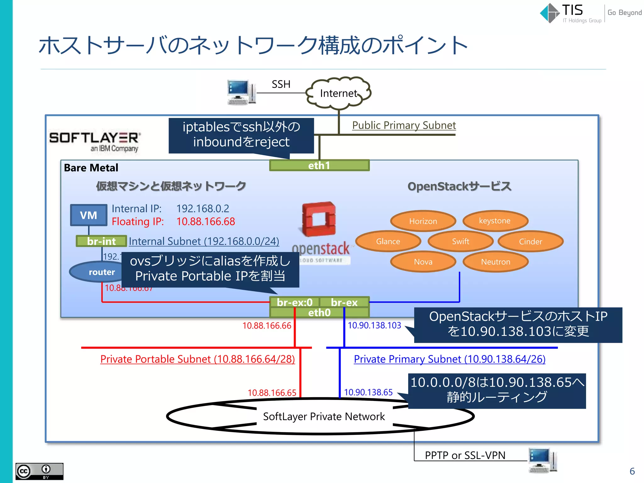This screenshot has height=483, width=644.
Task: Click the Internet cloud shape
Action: (x=338, y=93)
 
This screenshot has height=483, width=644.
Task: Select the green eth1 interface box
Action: (x=319, y=165)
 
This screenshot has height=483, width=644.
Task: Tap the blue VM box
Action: (x=89, y=215)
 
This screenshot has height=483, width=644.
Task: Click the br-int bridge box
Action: (x=101, y=241)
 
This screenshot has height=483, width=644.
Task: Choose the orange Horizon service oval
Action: (x=423, y=221)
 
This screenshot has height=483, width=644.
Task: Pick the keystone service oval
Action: (x=495, y=221)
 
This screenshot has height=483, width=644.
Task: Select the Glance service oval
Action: (x=388, y=241)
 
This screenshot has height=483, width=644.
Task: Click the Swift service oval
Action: (x=460, y=241)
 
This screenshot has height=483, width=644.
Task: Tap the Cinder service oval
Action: (x=530, y=241)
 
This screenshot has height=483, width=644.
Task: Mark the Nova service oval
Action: (x=423, y=262)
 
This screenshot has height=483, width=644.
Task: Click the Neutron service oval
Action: (x=496, y=262)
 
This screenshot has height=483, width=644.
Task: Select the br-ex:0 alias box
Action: (x=295, y=302)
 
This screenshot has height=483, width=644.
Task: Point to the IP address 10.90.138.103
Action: (x=374, y=325)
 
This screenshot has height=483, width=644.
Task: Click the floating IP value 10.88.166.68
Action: (x=206, y=222)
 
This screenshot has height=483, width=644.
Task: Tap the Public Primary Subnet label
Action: (x=404, y=125)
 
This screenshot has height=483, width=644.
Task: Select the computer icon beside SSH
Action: (x=241, y=92)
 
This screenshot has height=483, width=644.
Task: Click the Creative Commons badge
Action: (x=39, y=471)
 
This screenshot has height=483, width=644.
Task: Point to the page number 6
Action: (x=632, y=471)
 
